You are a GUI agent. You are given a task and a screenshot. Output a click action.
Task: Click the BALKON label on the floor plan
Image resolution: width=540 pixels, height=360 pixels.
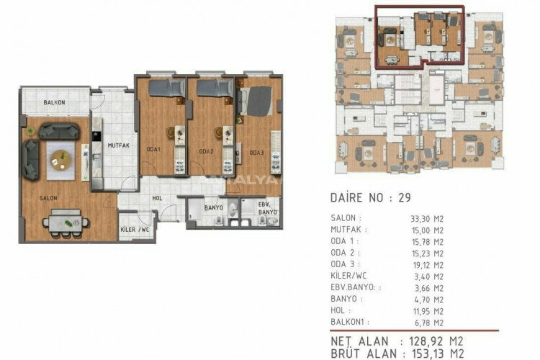pyautogui.click(x=55, y=103)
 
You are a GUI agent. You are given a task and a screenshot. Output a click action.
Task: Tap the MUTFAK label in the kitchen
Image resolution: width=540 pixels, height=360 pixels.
pyautogui.click(x=118, y=145)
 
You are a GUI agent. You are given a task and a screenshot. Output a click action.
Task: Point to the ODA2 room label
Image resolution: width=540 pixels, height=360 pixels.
pyautogui.click(x=206, y=152)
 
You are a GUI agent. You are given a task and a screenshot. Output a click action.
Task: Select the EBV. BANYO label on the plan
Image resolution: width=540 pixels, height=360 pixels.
pyautogui.click(x=268, y=208)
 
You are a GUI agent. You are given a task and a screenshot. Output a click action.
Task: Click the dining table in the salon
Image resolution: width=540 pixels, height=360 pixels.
pyautogui.click(x=66, y=222)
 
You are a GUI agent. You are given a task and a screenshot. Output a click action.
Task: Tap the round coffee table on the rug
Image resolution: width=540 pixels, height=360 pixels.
pyautogui.click(x=62, y=156)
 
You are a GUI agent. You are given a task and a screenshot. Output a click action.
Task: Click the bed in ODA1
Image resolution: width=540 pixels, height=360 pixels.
pyautogui.click(x=166, y=88)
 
